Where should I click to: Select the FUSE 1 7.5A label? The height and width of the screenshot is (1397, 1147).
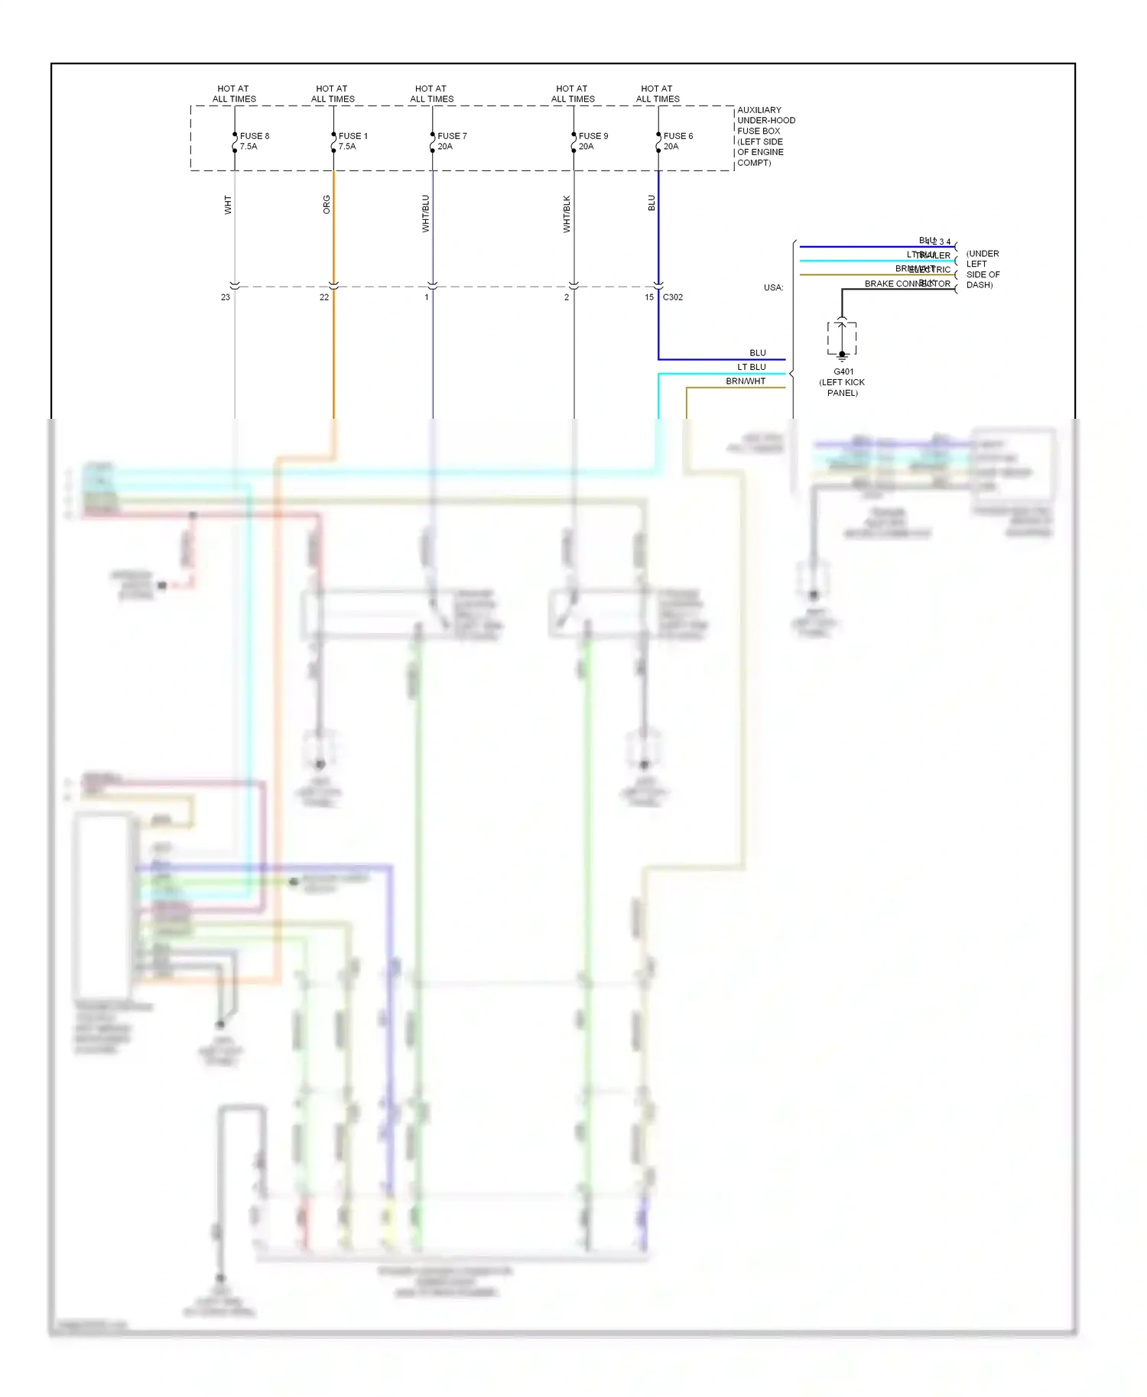point(353,141)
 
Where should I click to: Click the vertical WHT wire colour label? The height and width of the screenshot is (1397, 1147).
point(228,205)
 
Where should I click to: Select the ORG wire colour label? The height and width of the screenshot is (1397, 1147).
point(327,205)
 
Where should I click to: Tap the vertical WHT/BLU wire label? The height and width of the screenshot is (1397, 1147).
point(426,213)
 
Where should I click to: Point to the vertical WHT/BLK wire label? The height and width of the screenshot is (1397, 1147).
point(567,214)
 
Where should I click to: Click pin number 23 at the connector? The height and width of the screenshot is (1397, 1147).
point(226,297)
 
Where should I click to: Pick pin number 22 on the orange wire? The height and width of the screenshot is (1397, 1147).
point(324,297)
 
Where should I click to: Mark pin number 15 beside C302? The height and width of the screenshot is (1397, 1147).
point(649,297)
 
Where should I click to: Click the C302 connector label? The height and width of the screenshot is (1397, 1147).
point(673,297)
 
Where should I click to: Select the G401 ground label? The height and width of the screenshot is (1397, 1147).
point(843,372)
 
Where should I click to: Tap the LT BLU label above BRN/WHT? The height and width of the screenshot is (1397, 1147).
point(752,367)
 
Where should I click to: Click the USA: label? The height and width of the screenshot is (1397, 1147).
point(773,288)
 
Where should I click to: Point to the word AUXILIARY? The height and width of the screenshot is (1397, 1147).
point(759,110)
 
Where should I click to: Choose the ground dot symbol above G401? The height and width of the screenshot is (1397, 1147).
point(842,355)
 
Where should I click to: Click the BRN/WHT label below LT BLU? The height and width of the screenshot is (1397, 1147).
point(746,381)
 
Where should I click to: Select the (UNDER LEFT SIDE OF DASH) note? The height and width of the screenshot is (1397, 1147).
point(983,269)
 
